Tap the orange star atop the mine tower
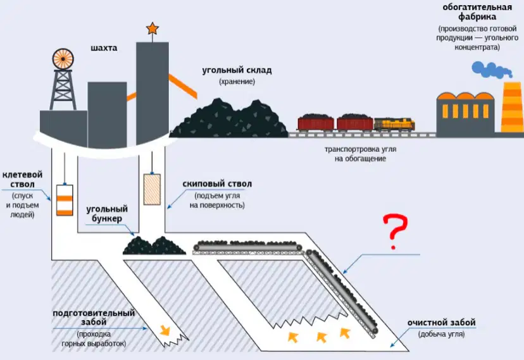(x=153, y=28)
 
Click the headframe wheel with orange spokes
(x=63, y=59)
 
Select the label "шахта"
(x=104, y=48)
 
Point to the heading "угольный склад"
(x=237, y=70)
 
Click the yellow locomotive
(x=394, y=124)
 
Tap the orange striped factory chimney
(x=513, y=107)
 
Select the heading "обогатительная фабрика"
(x=477, y=11)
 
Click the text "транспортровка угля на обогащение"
(x=360, y=154)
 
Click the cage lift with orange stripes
(x=65, y=200)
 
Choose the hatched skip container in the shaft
(x=152, y=189)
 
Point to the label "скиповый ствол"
(x=217, y=183)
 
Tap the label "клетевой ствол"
(x=22, y=179)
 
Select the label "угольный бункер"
(x=107, y=214)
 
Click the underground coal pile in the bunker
(x=154, y=245)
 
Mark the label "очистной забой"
(x=441, y=323)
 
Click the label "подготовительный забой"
(x=94, y=317)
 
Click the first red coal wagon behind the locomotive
(x=355, y=123)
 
